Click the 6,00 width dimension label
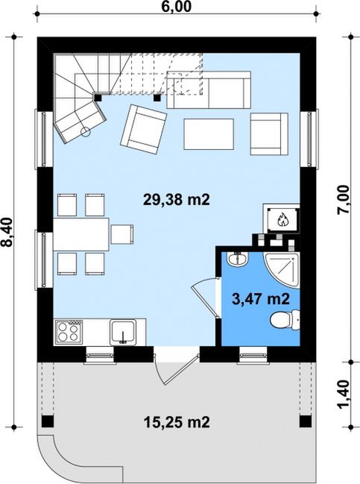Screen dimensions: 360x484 pyautogui.click(x=177, y=7)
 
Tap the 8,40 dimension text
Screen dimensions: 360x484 pyautogui.click(x=7, y=232)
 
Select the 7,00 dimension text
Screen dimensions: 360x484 pyautogui.click(x=344, y=200)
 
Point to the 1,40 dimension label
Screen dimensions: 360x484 pyautogui.click(x=344, y=395)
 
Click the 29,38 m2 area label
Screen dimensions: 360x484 pyautogui.click(x=177, y=200)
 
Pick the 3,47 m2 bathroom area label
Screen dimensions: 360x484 pyautogui.click(x=261, y=299)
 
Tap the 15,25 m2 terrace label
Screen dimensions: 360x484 pyautogui.click(x=177, y=421)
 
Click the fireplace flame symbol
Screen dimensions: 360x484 pyautogui.click(x=282, y=220)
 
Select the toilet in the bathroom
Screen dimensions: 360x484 pyautogui.click(x=285, y=319)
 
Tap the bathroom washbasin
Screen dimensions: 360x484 pyautogui.click(x=237, y=259)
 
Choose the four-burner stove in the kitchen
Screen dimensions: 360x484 pyautogui.click(x=69, y=332)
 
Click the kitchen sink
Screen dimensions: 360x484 pyautogui.click(x=124, y=332)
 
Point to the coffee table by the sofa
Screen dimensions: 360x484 pyautogui.click(x=209, y=134)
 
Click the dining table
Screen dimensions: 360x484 pyautogui.click(x=81, y=234)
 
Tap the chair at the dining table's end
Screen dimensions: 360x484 pyautogui.click(x=122, y=234)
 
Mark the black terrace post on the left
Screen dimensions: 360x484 pyautogui.click(x=48, y=421)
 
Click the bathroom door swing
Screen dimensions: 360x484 pyautogui.click(x=204, y=297)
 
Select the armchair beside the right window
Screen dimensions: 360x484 pyautogui.click(x=269, y=134)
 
